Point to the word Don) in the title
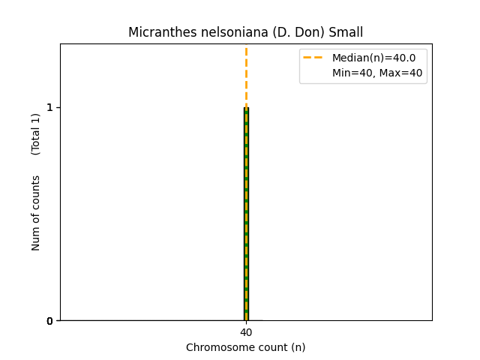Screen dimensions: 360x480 pyautogui.click(x=289, y=32)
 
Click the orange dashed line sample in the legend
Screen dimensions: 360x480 pyautogui.click(x=313, y=58)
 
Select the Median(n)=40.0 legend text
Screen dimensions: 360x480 pyautogui.click(x=373, y=58)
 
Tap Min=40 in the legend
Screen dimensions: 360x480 pyautogui.click(x=352, y=73)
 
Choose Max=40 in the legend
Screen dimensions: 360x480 pyautogui.click(x=402, y=73)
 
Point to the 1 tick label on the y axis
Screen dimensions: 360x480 pyautogui.click(x=49, y=107)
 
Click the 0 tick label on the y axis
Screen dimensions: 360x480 pyautogui.click(x=49, y=321)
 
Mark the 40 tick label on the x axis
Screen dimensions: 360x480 pyautogui.click(x=246, y=332)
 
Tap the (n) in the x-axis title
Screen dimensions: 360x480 pyautogui.click(x=298, y=347)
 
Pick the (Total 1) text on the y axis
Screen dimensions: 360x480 pyautogui.click(x=36, y=134)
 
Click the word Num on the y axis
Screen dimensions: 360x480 pyautogui.click(x=36, y=239)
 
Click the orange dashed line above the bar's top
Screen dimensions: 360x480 pyautogui.click(x=246, y=75)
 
